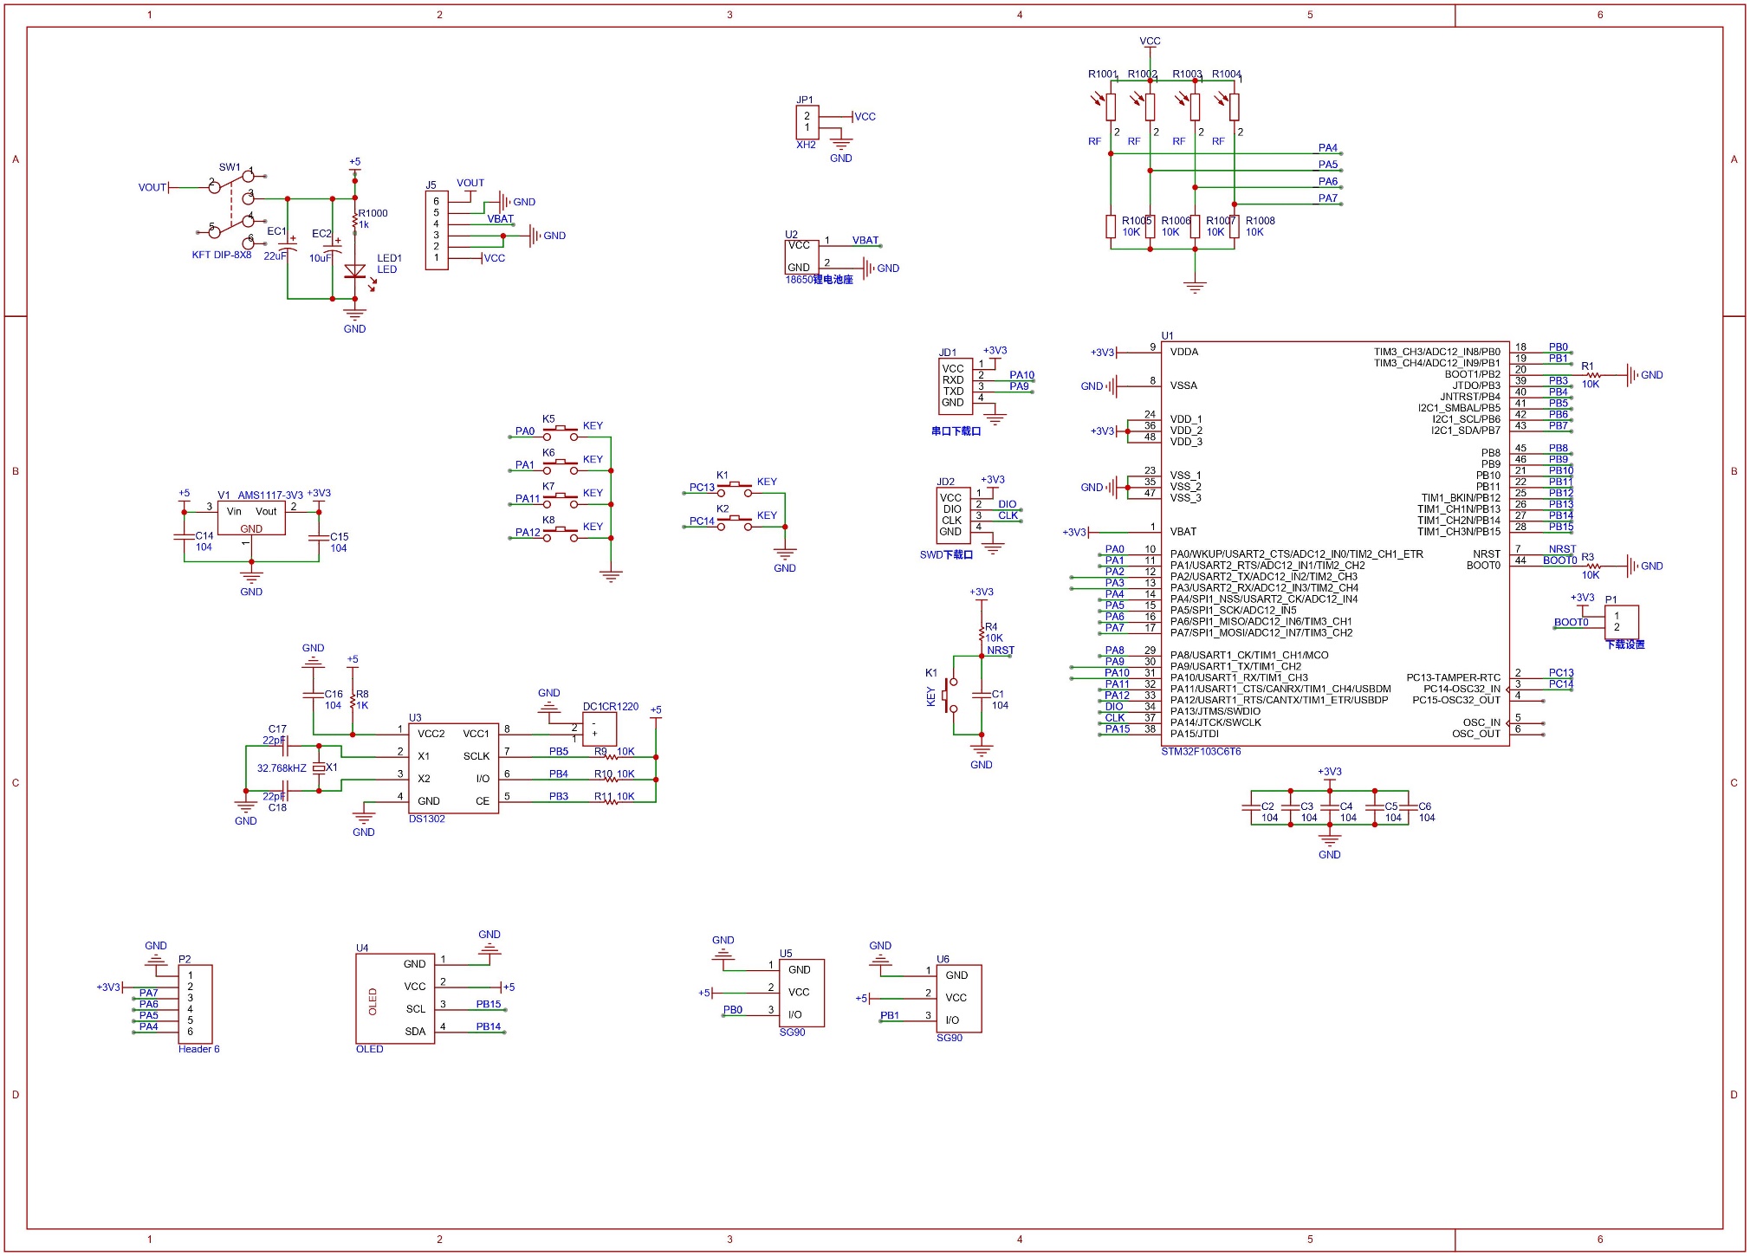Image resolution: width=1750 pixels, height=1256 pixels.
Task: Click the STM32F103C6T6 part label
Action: coord(1200,751)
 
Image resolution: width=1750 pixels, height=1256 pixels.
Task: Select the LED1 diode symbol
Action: coord(354,271)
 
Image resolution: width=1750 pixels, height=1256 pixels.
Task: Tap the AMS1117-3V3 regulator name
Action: coord(270,495)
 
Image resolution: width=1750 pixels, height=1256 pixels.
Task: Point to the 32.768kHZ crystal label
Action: coord(282,768)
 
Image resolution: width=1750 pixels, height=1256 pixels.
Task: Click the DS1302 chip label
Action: coord(426,819)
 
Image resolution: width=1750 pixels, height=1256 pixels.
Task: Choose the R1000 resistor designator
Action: coord(373,213)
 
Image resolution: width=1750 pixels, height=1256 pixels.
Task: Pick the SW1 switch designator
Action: coord(229,167)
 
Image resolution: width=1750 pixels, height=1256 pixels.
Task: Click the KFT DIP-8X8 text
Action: coord(221,255)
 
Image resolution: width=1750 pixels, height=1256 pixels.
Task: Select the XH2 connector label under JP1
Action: coord(806,145)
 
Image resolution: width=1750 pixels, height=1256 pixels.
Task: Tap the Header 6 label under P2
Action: coord(198,1049)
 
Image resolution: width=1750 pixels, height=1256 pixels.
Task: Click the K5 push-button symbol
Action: coord(561,431)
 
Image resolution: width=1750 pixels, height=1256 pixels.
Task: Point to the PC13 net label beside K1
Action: coord(702,488)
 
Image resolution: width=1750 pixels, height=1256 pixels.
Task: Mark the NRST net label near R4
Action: coord(1001,650)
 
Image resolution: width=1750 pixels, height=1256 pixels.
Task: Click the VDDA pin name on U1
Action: coord(1183,352)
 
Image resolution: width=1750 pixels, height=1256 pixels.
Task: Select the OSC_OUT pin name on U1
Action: coord(1475,734)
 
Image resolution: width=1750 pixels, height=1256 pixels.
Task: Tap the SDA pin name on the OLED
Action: coord(415,1031)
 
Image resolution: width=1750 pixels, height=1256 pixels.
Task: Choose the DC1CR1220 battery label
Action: coord(610,706)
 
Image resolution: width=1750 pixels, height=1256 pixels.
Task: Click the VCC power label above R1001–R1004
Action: coord(1150,41)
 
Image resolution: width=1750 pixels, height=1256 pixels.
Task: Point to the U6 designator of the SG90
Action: coord(943,959)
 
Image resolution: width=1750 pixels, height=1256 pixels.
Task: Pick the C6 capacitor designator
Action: coord(1424,806)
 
